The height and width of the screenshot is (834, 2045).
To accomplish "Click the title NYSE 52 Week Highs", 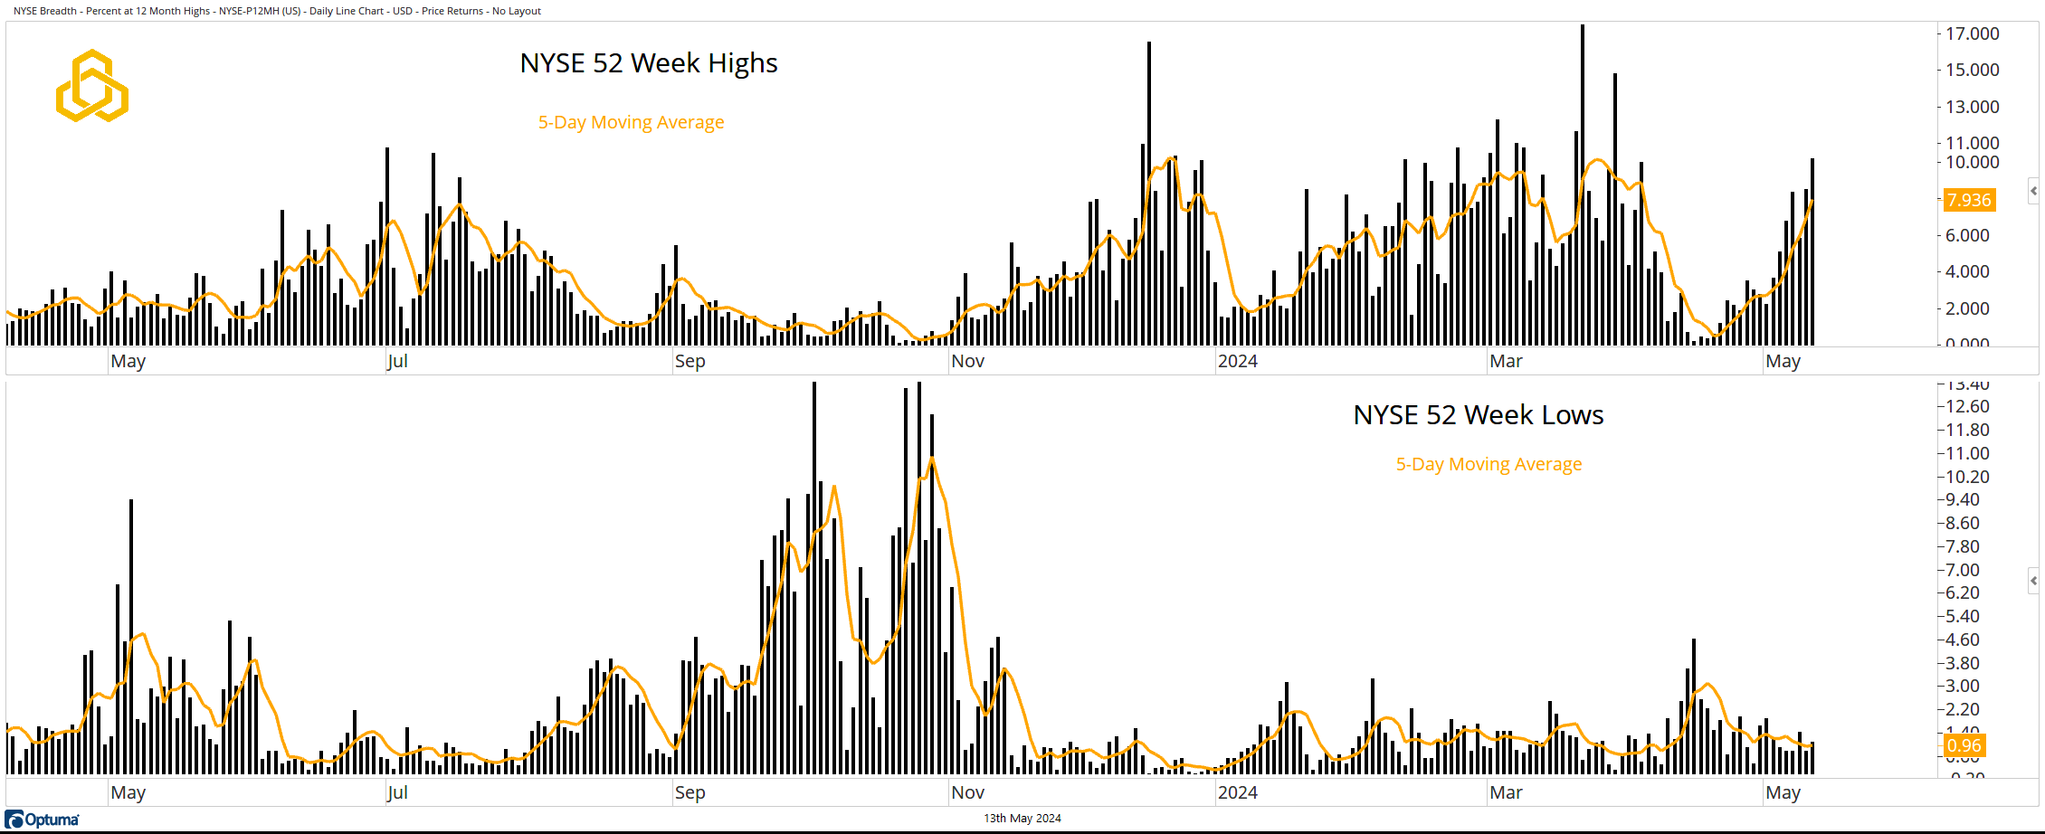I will (648, 63).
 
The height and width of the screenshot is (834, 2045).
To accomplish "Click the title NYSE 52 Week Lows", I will (1478, 415).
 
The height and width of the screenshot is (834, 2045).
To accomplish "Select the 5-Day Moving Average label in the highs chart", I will (631, 122).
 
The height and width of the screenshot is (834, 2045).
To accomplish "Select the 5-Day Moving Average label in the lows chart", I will (1489, 464).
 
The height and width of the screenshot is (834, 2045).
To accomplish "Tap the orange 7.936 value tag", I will (1969, 200).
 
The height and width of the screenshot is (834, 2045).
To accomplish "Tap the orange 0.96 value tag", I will (1964, 746).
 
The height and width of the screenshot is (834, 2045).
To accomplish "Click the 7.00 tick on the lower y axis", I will (1963, 570).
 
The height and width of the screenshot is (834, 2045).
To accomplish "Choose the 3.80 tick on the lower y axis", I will (1963, 663).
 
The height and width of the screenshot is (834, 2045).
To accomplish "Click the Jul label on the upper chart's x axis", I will (396, 361).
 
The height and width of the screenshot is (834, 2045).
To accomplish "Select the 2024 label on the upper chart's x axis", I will (1237, 361).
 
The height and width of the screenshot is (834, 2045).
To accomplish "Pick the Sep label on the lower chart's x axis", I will (690, 792).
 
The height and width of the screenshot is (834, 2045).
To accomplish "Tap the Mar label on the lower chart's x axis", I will (1506, 792).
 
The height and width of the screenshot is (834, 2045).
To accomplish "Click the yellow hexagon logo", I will (91, 86).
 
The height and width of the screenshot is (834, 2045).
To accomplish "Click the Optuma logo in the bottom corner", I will (43, 820).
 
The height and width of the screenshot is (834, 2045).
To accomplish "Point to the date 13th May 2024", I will (1022, 819).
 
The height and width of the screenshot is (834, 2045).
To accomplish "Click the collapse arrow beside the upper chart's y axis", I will (2033, 191).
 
